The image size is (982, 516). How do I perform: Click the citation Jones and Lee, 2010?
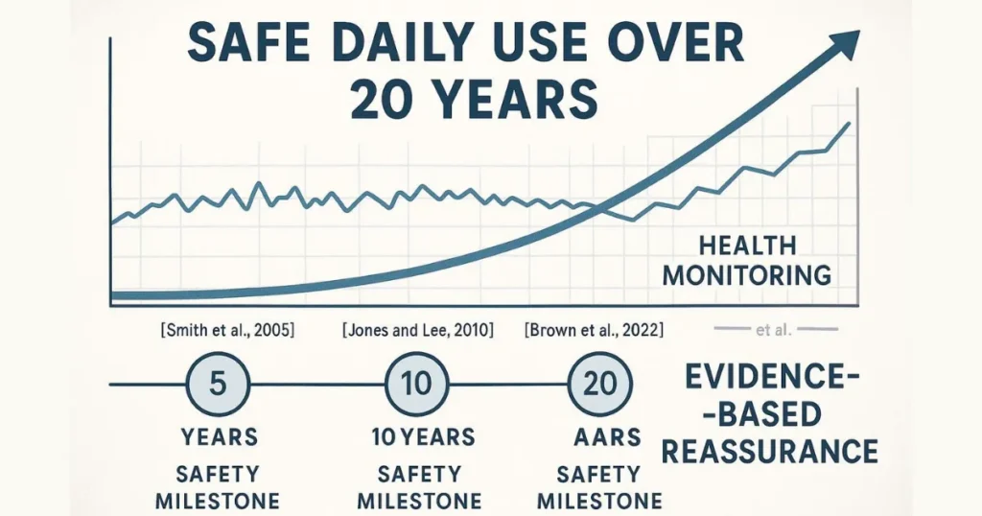point(417,332)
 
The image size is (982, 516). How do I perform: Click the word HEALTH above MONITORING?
point(747,246)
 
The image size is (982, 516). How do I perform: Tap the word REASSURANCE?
point(770,450)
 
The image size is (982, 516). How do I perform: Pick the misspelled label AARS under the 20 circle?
point(598,438)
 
